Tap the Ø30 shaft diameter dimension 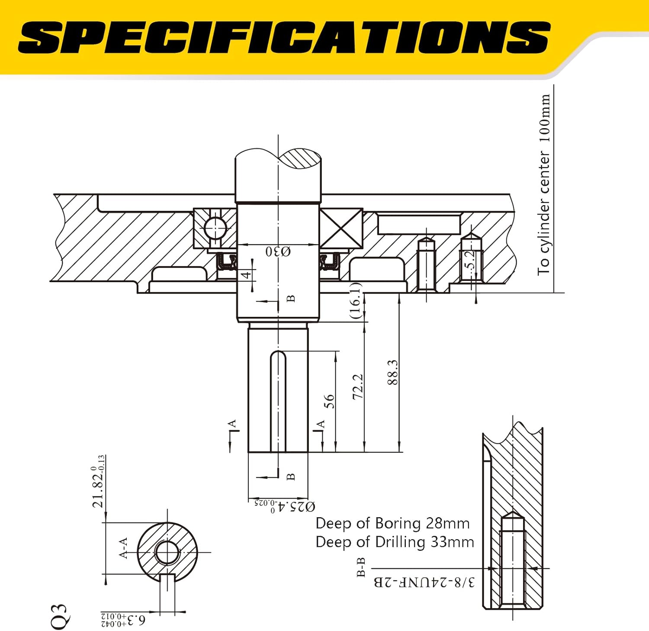click(278, 251)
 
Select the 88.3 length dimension click(392, 372)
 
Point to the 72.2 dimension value click(357, 386)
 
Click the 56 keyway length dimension click(329, 401)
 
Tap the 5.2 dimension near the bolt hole click(470, 260)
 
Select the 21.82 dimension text click(98, 481)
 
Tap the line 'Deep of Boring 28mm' click(392, 523)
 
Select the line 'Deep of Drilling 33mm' click(395, 542)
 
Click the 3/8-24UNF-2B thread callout click(424, 582)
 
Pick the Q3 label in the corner click(59, 616)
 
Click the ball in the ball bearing click(215, 227)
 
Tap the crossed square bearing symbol click(341, 229)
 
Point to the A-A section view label click(123, 548)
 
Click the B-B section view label click(361, 567)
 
